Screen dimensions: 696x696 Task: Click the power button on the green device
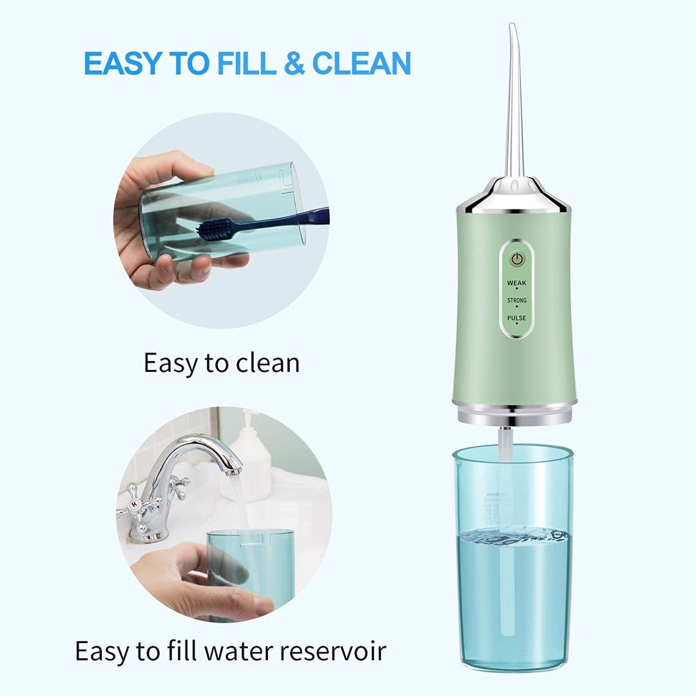(x=517, y=259)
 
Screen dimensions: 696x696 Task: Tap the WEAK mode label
(x=517, y=283)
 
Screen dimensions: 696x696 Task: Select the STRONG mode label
(x=517, y=301)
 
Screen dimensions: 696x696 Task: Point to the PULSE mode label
(x=517, y=318)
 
